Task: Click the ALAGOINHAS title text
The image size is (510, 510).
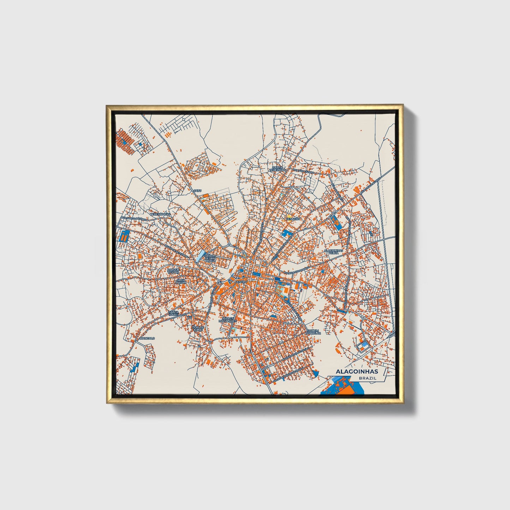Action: (x=356, y=371)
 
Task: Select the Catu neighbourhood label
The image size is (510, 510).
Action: (x=197, y=191)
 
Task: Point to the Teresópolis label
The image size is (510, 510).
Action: (x=160, y=214)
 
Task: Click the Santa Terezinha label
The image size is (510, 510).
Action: (x=278, y=169)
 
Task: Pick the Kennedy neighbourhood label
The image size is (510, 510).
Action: (x=293, y=219)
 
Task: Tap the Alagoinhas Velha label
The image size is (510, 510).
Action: (x=334, y=252)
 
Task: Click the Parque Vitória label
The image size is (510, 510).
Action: (x=173, y=271)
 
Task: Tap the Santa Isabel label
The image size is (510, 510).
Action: (x=174, y=313)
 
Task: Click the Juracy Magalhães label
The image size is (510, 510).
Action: (x=228, y=320)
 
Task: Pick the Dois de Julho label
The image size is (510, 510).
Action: (x=198, y=329)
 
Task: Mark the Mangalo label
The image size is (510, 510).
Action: (x=148, y=338)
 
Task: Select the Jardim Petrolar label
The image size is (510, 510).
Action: (x=313, y=332)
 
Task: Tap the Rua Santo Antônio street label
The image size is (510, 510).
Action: (x=133, y=219)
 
